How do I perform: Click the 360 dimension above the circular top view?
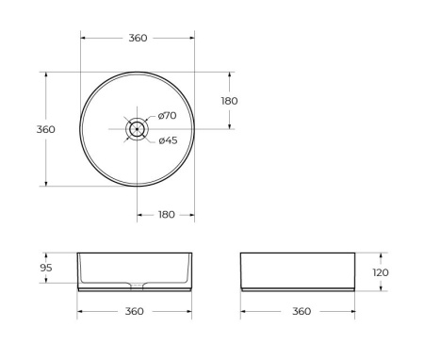tap(138, 38)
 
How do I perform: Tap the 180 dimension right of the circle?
tap(229, 101)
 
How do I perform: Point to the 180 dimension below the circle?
tap(166, 215)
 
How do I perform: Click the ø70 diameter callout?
tap(167, 116)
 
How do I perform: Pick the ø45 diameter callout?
tap(167, 140)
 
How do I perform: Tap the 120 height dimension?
tap(381, 272)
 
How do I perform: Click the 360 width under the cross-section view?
tap(135, 312)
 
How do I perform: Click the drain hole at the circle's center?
tap(138, 129)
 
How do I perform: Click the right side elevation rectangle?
tap(298, 270)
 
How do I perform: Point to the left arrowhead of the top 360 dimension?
tap(82, 38)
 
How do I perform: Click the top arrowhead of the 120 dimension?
tap(381, 254)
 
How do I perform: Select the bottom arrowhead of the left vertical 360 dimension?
tap(44, 184)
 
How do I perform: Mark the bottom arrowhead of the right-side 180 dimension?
tap(229, 127)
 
